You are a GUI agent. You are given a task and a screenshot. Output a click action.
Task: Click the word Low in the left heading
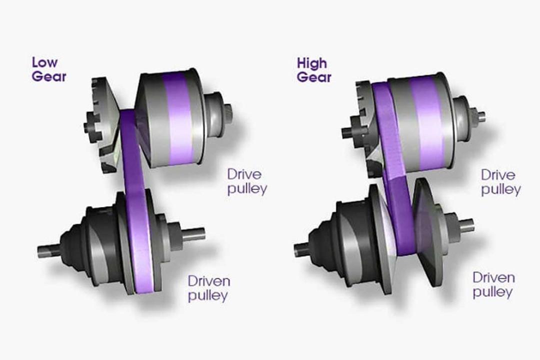click(x=45, y=62)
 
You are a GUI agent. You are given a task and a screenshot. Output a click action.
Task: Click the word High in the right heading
click(x=311, y=63)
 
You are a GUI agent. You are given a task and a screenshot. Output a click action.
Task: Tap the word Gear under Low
click(x=49, y=76)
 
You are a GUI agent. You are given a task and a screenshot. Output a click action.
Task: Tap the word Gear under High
click(x=313, y=77)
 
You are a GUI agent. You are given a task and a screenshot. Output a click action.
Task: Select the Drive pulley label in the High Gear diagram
click(x=500, y=182)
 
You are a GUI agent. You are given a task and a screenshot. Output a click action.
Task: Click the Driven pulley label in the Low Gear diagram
click(x=209, y=288)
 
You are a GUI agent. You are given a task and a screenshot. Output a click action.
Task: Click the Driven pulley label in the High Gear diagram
click(x=494, y=285)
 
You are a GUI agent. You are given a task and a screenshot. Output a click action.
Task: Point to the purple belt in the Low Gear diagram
click(x=135, y=200)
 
